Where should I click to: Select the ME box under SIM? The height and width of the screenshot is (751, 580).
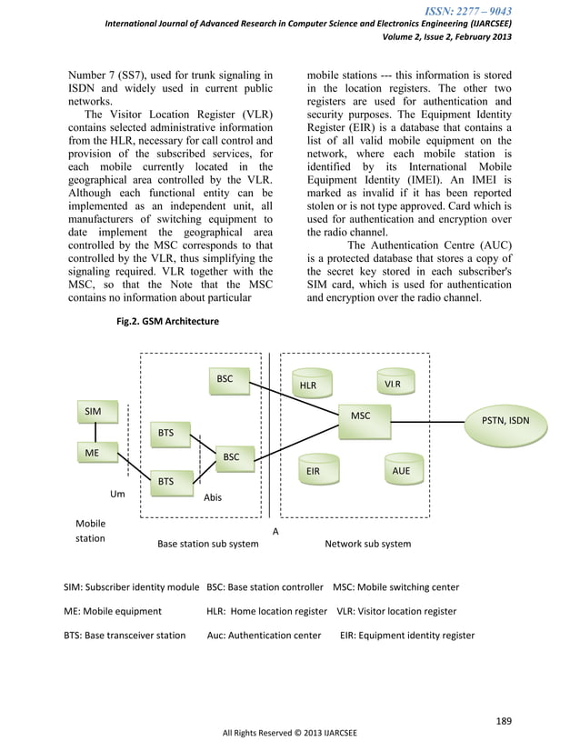(x=93, y=451)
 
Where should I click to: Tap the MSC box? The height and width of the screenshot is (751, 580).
(x=361, y=416)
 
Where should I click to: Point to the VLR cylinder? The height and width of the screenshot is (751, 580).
(x=393, y=384)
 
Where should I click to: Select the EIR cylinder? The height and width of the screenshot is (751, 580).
(x=312, y=472)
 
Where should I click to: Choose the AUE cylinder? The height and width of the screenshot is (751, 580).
(x=400, y=471)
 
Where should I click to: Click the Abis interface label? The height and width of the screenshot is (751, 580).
(x=213, y=498)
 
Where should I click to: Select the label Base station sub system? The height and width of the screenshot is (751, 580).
(x=207, y=544)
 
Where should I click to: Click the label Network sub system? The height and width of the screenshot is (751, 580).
(x=367, y=544)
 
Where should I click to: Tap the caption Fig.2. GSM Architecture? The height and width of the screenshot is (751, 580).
(x=165, y=321)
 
